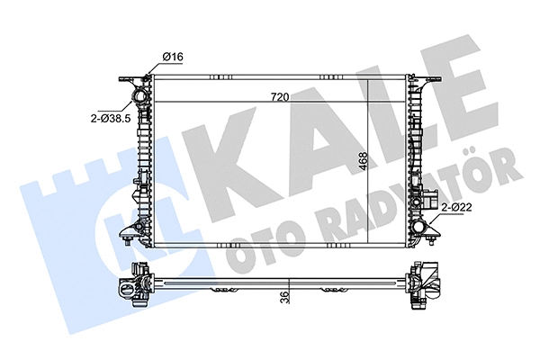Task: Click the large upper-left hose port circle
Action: click(139, 95)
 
